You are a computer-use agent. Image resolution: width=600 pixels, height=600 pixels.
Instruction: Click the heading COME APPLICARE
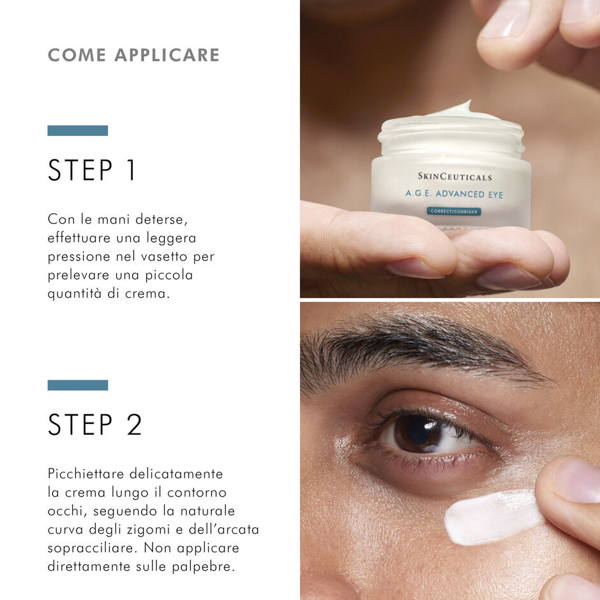tap(133, 55)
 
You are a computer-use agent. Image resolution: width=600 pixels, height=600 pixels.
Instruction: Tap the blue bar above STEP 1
tap(77, 130)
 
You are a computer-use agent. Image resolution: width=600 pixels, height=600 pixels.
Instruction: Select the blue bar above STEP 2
tap(77, 385)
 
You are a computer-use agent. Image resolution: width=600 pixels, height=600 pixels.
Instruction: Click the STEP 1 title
tap(93, 170)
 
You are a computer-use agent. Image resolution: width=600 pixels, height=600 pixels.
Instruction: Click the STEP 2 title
tap(95, 425)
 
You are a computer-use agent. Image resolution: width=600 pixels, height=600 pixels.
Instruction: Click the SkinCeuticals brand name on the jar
tap(454, 177)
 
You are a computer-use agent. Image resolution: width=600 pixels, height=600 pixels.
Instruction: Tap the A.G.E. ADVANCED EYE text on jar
tap(454, 194)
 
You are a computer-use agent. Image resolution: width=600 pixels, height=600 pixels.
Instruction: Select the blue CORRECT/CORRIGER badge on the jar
tap(454, 211)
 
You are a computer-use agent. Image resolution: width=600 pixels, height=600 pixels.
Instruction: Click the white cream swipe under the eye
tap(488, 516)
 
